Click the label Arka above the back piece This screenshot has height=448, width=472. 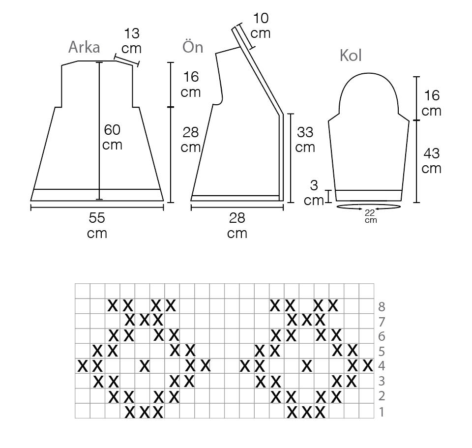(84, 47)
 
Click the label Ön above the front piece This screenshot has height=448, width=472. (193, 47)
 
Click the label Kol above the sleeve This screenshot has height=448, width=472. (351, 56)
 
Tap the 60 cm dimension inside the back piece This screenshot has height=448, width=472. (113, 137)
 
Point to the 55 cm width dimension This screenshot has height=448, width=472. (97, 225)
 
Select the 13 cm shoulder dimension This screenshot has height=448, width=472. (131, 41)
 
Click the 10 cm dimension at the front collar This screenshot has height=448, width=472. (261, 26)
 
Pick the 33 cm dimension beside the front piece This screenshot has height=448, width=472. (305, 139)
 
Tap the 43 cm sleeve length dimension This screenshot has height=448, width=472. (431, 161)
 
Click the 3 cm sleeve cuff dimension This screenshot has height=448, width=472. (314, 193)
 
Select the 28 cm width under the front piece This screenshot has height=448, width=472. (237, 225)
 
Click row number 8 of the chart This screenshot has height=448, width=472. (382, 307)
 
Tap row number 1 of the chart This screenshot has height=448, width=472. (382, 412)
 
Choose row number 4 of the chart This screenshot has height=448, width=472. (382, 366)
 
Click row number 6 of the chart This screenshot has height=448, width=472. (382, 337)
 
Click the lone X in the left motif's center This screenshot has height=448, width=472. (145, 366)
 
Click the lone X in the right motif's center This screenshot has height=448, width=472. (307, 366)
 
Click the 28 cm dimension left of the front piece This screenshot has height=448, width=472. (191, 139)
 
